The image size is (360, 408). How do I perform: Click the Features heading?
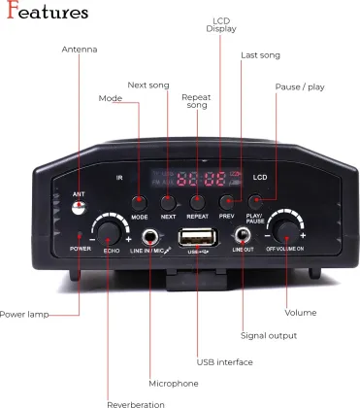47,13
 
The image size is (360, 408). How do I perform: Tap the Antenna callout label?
79,50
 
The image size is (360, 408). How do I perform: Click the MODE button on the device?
139,201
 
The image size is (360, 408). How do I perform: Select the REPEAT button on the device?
197,201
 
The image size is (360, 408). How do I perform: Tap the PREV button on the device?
227,201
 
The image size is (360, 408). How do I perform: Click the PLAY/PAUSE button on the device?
255,201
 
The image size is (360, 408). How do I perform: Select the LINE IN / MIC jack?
150,236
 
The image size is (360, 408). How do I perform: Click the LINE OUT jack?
242,236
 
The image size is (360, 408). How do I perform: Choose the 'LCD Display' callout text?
220,24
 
